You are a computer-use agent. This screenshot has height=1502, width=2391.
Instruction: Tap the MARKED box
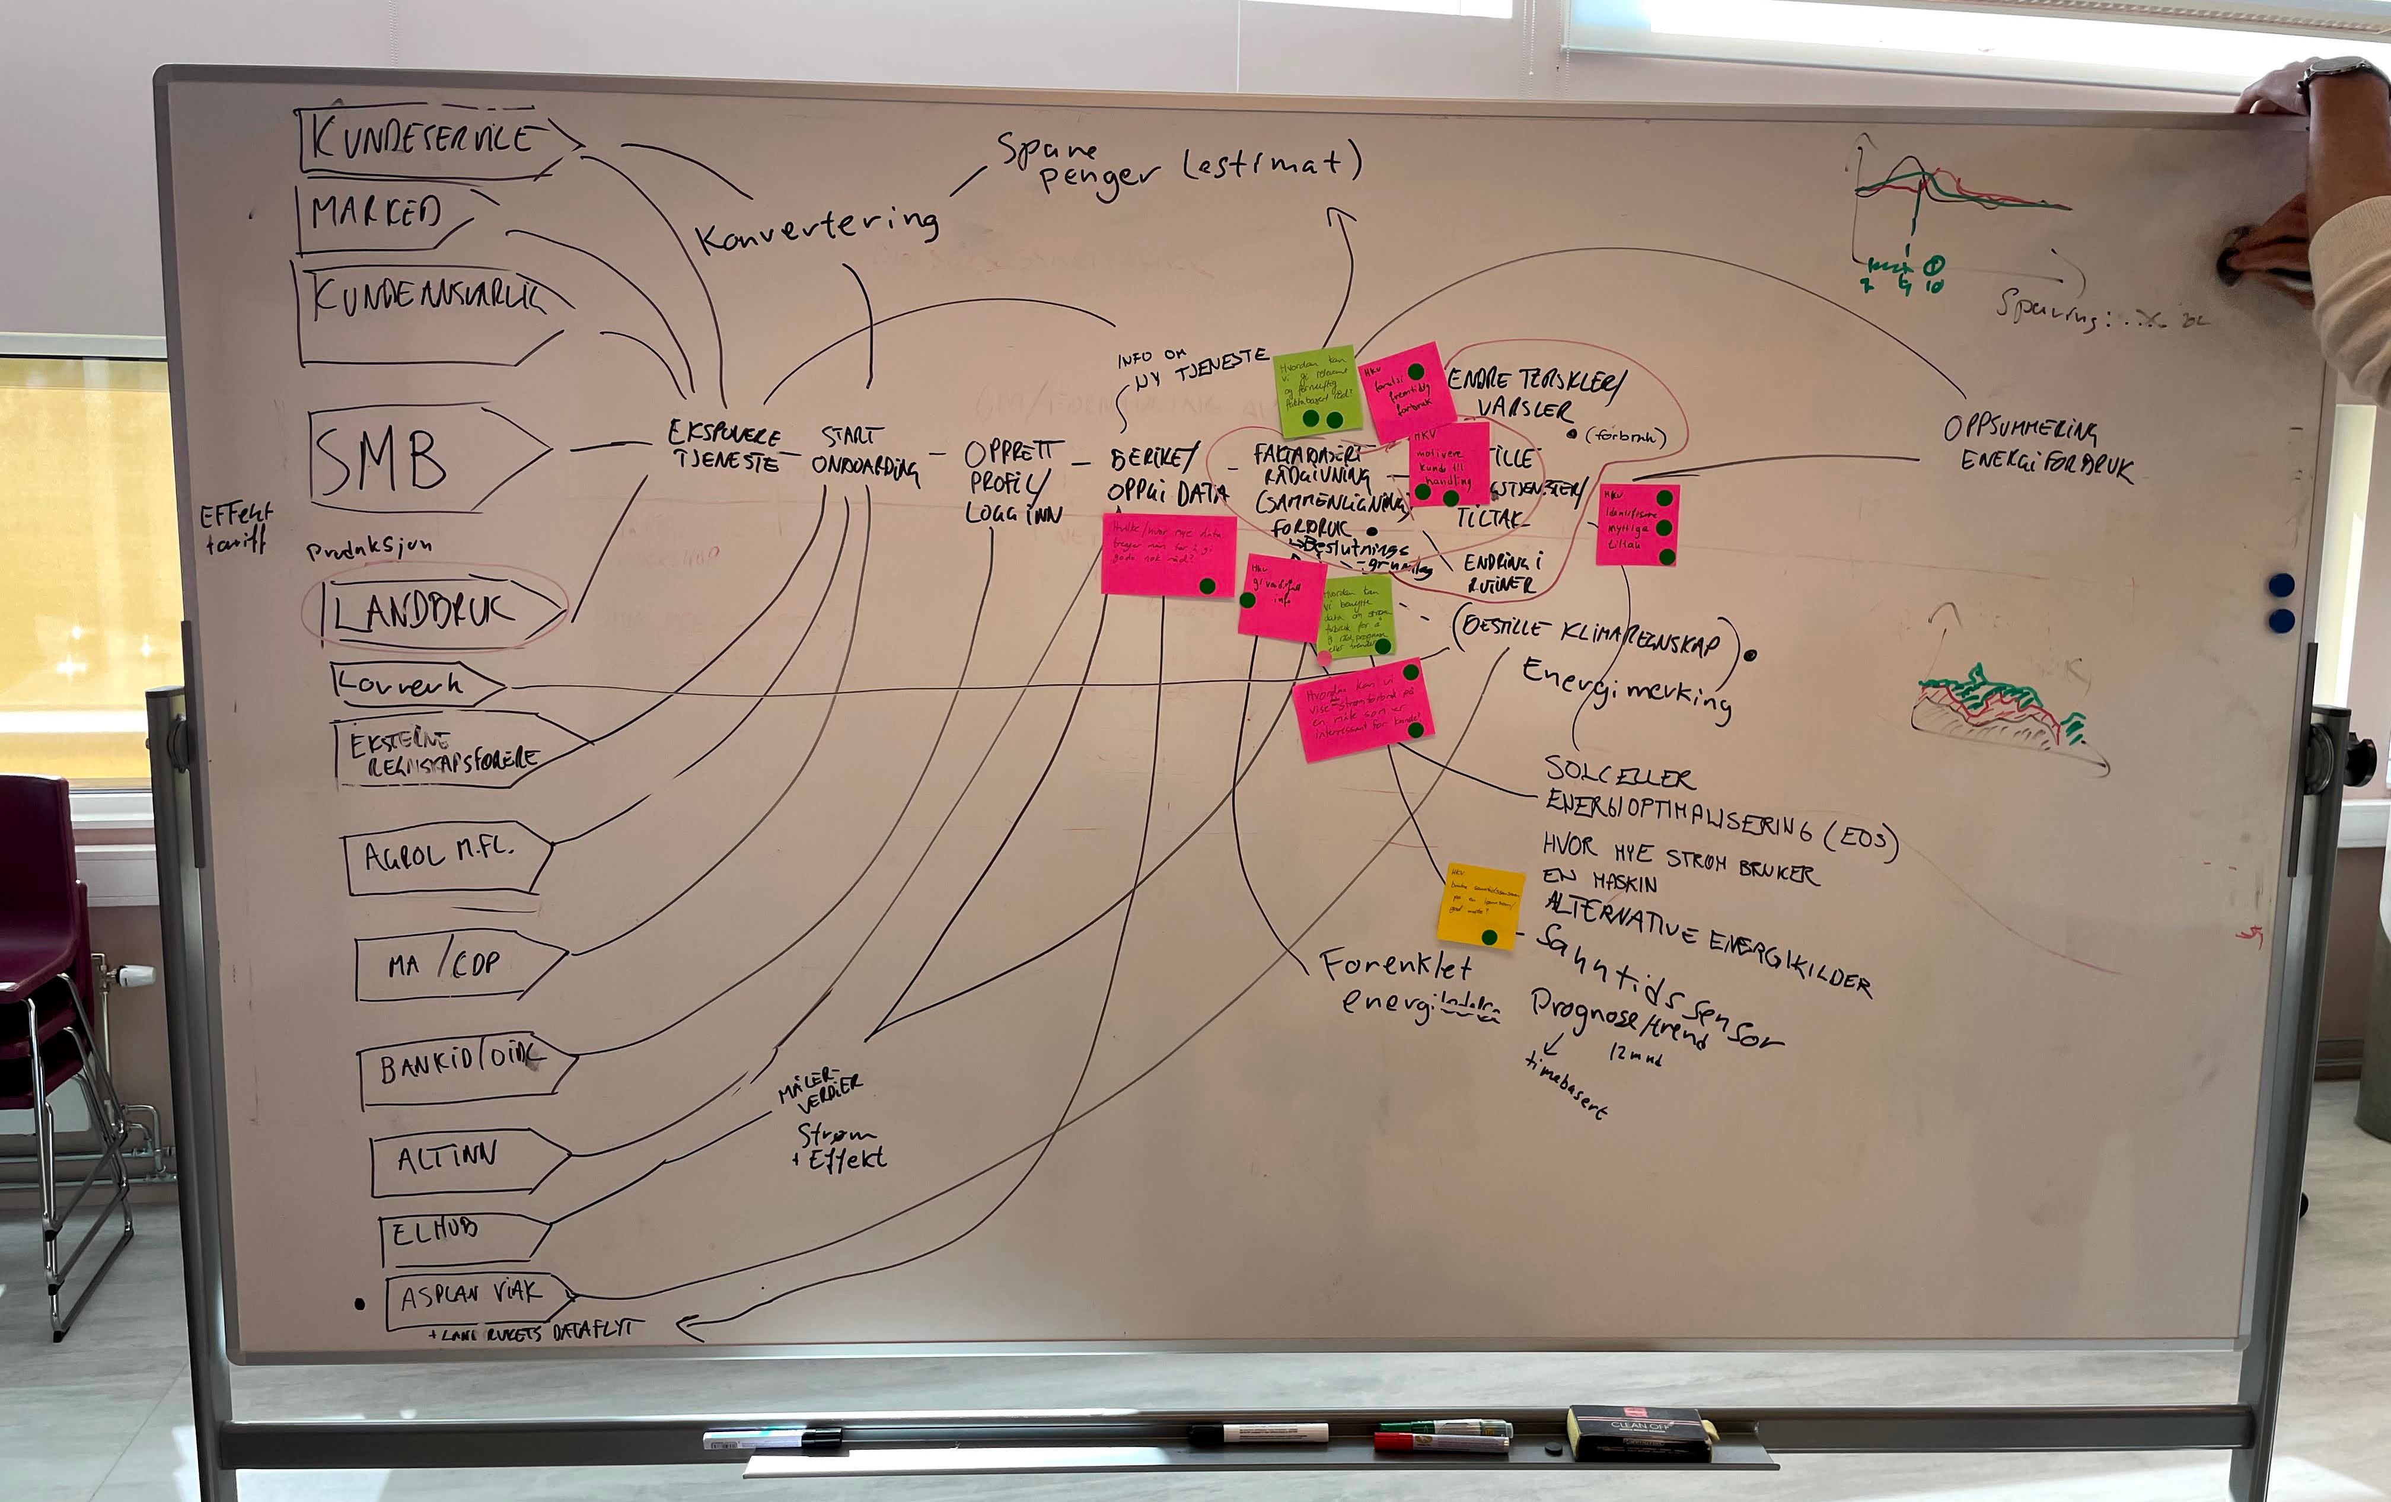[377, 212]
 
